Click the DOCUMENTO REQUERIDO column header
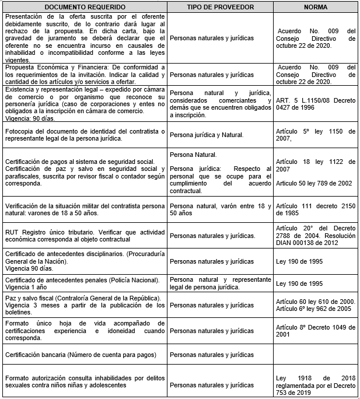(x=83, y=7)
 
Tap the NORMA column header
(x=315, y=7)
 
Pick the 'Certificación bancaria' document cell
(x=83, y=355)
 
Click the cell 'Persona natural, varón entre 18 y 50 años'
(x=220, y=209)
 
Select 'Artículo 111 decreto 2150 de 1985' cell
(x=315, y=209)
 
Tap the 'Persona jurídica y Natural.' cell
(x=220, y=135)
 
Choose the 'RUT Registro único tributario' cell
(x=83, y=235)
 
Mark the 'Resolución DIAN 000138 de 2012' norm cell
(x=315, y=239)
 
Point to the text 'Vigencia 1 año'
(x=25, y=288)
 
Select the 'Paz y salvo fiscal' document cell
(x=83, y=305)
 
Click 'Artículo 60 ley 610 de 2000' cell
(x=315, y=301)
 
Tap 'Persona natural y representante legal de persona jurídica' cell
(x=220, y=283)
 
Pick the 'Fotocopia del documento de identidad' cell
(x=83, y=135)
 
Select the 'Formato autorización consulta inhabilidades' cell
(x=83, y=381)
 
